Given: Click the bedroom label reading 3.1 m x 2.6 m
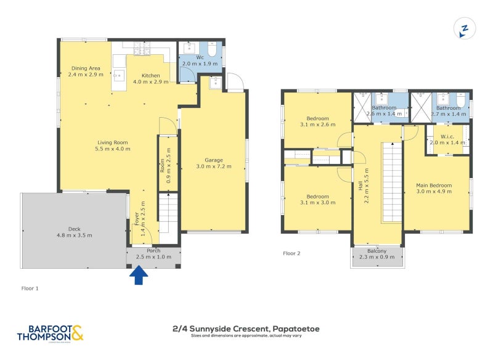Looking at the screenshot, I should click(318, 121).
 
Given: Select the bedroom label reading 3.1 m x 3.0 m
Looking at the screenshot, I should click(318, 198).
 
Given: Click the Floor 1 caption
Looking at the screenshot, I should click(30, 288).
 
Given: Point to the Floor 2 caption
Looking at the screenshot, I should click(291, 253).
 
